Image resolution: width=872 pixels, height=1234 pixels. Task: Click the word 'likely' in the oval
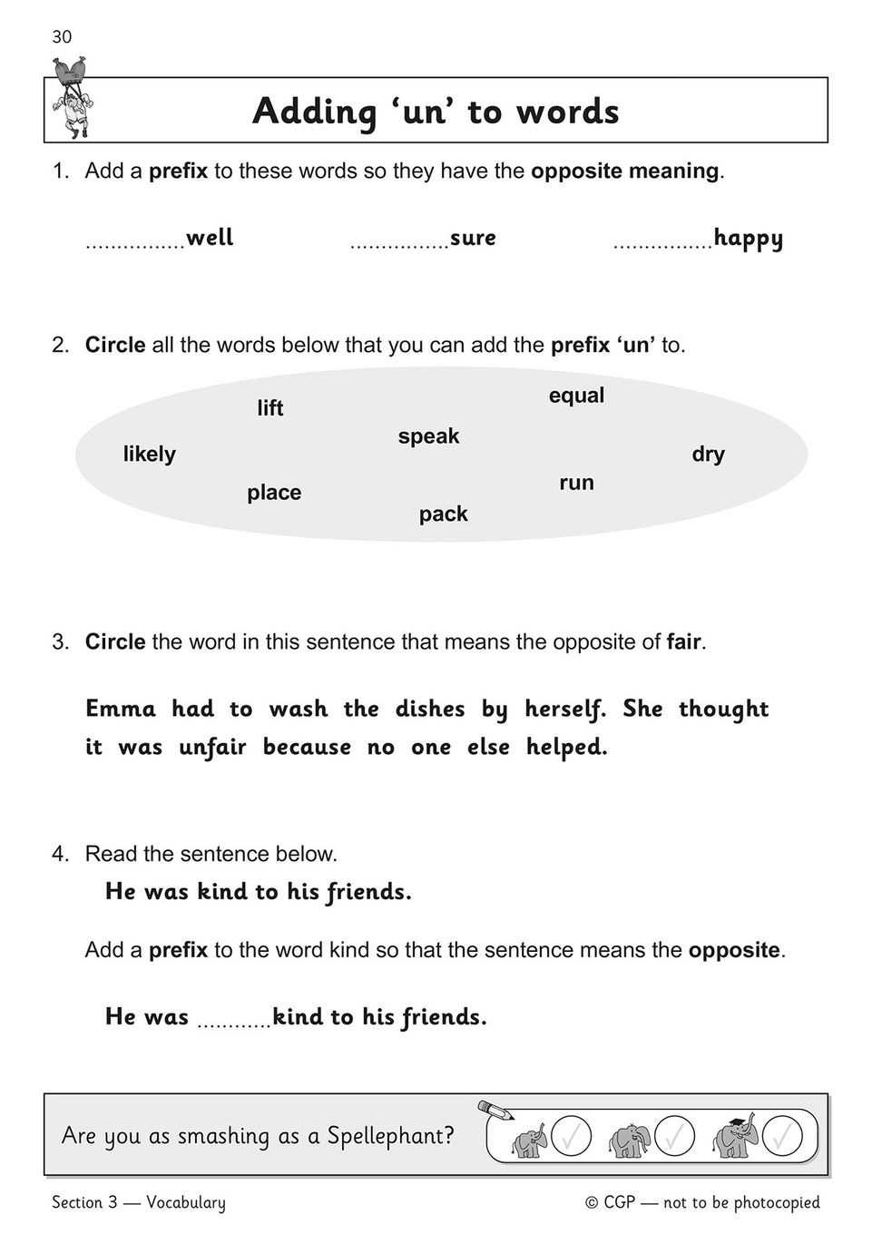pos(149,454)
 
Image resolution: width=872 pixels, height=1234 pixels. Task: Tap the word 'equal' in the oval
pos(576,396)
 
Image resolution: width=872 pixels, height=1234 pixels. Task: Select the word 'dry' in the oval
pos(708,454)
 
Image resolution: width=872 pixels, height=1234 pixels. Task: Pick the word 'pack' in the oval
pos(443,514)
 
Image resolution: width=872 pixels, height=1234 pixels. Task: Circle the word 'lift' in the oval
pos(269,408)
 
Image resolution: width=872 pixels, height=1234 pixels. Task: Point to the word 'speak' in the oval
pos(428,436)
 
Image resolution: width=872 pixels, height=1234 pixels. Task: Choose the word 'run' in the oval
pos(576,483)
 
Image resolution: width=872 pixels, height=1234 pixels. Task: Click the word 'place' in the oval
pos(274,493)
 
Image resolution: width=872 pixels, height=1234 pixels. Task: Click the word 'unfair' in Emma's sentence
pos(212,748)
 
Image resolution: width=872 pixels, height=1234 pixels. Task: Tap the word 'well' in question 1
pos(210,238)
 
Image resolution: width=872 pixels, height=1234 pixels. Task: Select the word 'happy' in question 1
pos(748,239)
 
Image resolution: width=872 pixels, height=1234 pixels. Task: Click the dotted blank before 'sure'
pos(399,245)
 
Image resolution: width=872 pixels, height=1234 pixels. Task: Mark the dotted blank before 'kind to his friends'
pos(233,1024)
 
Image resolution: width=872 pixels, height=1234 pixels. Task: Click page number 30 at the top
pos(62,37)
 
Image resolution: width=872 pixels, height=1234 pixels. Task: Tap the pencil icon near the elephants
pos(495,1110)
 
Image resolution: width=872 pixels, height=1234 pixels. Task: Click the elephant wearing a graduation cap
pos(732,1137)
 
